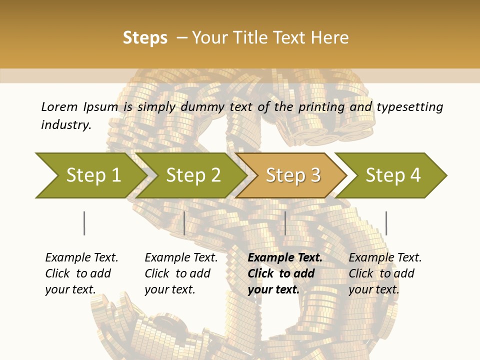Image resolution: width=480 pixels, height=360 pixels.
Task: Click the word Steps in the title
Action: tap(145, 38)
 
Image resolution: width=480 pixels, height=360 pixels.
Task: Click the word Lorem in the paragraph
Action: tap(59, 106)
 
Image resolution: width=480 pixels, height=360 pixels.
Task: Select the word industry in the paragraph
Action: tap(65, 124)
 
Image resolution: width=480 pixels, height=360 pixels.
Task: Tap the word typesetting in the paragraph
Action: tap(409, 106)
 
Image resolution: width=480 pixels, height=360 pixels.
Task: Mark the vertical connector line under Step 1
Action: tap(84, 223)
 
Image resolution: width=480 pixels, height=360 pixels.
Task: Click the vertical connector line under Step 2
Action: tap(184, 223)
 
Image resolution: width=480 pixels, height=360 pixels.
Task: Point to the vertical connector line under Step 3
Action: tap(285, 223)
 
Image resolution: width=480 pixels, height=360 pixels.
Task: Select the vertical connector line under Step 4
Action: tap(386, 223)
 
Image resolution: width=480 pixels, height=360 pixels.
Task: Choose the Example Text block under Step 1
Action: tap(81, 273)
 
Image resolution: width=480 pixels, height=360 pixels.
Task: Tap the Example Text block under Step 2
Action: tap(181, 273)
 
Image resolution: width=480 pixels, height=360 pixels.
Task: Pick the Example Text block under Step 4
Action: tap(385, 273)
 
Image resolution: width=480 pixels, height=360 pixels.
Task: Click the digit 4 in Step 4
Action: tap(415, 175)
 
